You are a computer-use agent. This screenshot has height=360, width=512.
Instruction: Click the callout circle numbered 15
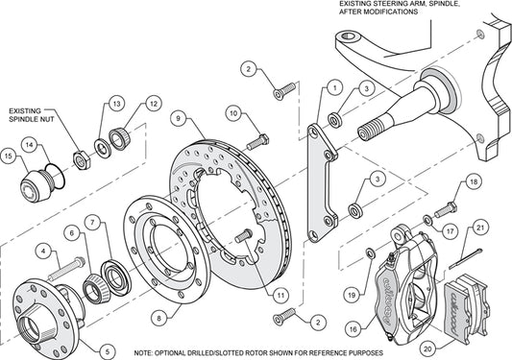click(x=9, y=156)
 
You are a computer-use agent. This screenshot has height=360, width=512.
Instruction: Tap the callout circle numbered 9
click(x=178, y=118)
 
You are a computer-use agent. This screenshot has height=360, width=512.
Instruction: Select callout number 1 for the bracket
click(x=334, y=87)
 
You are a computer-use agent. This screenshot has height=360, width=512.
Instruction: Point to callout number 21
click(x=480, y=228)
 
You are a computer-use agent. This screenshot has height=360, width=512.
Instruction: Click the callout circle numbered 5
click(x=108, y=351)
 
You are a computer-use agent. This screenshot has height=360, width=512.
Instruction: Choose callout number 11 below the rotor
click(x=280, y=296)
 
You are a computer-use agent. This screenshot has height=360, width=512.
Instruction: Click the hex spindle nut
click(x=82, y=160)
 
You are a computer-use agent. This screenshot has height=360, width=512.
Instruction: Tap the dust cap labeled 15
click(x=35, y=186)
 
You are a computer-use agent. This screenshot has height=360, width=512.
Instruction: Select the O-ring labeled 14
click(x=55, y=177)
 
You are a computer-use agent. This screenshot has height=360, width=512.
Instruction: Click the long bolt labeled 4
click(x=67, y=269)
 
